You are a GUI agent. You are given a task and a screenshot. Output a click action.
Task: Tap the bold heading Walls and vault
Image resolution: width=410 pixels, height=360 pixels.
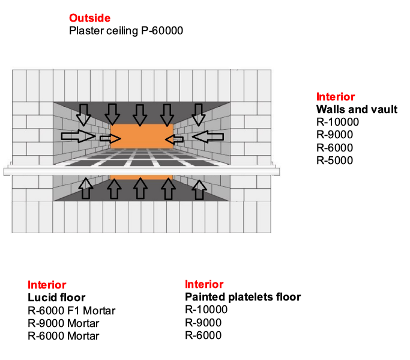[357, 109]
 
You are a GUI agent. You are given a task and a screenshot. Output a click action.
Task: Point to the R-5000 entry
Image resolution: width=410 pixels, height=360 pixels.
[334, 160]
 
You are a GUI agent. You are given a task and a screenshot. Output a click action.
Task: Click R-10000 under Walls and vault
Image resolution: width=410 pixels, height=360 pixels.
[337, 122]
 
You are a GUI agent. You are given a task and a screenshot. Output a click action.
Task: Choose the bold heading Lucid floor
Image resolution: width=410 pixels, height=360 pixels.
[56, 297]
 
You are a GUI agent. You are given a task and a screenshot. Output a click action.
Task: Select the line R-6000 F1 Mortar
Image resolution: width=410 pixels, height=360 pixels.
[71, 310]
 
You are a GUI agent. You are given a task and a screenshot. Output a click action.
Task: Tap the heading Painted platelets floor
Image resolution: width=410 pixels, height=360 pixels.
[243, 297]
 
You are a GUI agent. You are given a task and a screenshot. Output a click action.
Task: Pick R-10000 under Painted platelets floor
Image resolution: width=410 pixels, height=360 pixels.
[206, 310]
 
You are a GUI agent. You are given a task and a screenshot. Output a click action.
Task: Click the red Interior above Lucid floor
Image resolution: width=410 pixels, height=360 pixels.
[47, 285]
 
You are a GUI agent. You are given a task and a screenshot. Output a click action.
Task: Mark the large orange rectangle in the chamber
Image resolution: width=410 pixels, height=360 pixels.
[142, 135]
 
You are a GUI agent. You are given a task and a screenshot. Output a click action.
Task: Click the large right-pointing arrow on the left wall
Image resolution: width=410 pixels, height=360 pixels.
[78, 136]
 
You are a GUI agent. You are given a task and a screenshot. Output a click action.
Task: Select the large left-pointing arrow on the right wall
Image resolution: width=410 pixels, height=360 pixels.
[207, 137]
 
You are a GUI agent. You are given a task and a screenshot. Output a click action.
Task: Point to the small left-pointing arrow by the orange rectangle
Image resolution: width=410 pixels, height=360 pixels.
[173, 139]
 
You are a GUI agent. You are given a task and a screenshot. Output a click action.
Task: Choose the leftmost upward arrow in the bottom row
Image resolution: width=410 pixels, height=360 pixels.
[85, 188]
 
